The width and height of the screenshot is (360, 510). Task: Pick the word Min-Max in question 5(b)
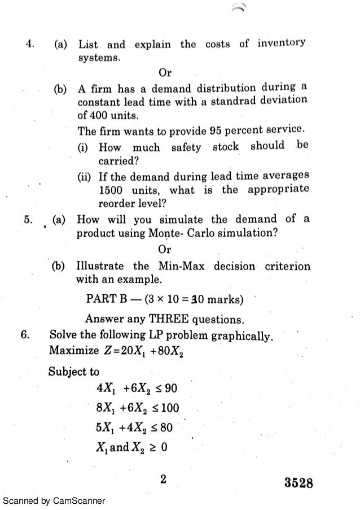tap(185, 266)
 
